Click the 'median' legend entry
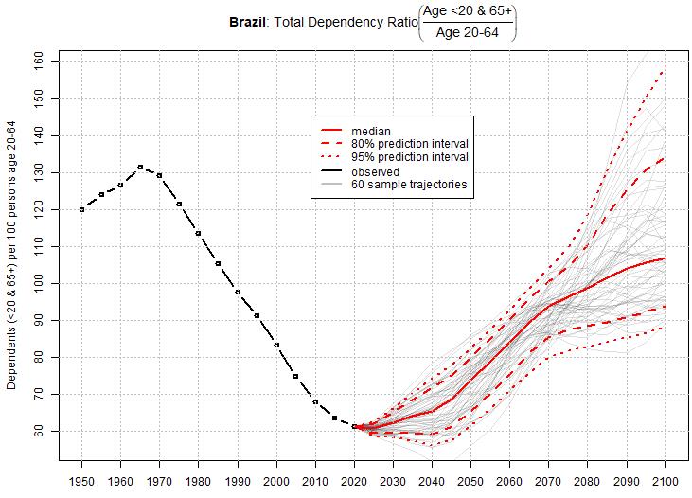tap(370, 131)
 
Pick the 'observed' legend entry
tap(375, 172)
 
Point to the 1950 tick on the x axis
tap(82, 471)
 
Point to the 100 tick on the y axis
tap(52, 283)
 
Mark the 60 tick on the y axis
tap(52, 431)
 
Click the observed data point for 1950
tap(82, 209)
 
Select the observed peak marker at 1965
tap(140, 167)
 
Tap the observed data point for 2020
tap(354, 427)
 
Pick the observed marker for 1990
tap(238, 292)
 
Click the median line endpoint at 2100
tap(665, 258)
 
